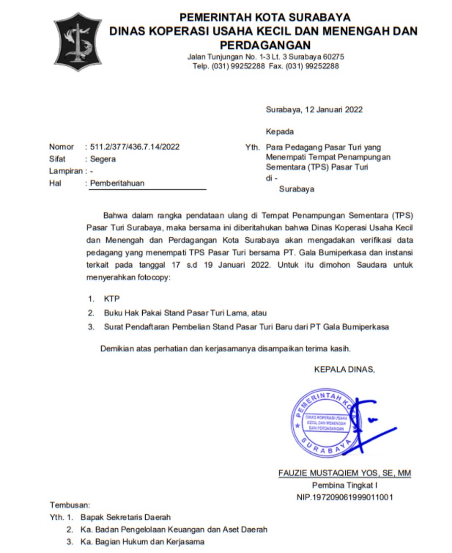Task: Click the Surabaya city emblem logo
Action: [x=77, y=41]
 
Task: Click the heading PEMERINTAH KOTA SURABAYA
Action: [x=265, y=18]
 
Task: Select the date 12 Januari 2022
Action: [x=334, y=110]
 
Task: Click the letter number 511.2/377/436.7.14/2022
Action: [x=135, y=147]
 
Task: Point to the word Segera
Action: [x=103, y=159]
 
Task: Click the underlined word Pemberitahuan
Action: [x=117, y=183]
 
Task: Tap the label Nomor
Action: [x=61, y=147]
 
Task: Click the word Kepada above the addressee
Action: [x=280, y=132]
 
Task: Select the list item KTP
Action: [x=112, y=299]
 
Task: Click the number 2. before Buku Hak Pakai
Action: [x=91, y=313]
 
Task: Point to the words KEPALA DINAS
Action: [x=344, y=370]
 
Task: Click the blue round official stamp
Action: [x=324, y=422]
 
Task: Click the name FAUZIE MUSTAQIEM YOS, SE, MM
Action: [x=344, y=473]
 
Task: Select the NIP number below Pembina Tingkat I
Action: [x=344, y=497]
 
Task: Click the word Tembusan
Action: [x=70, y=505]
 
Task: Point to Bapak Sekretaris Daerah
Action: [x=126, y=517]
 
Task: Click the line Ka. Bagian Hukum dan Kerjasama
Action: [x=142, y=542]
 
